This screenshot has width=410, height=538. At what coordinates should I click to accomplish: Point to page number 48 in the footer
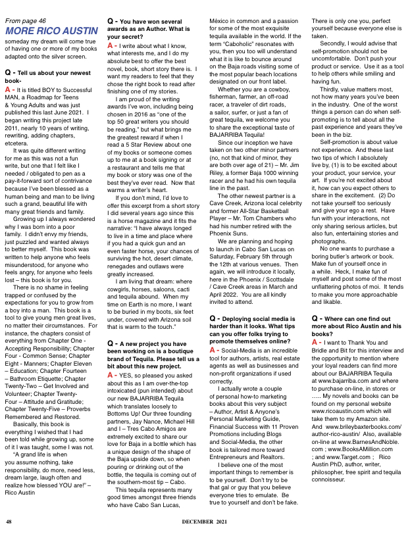point(9,522)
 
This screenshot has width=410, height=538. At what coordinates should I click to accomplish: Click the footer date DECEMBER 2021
point(205,522)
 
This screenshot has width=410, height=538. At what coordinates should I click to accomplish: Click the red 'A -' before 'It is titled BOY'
point(9,107)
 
